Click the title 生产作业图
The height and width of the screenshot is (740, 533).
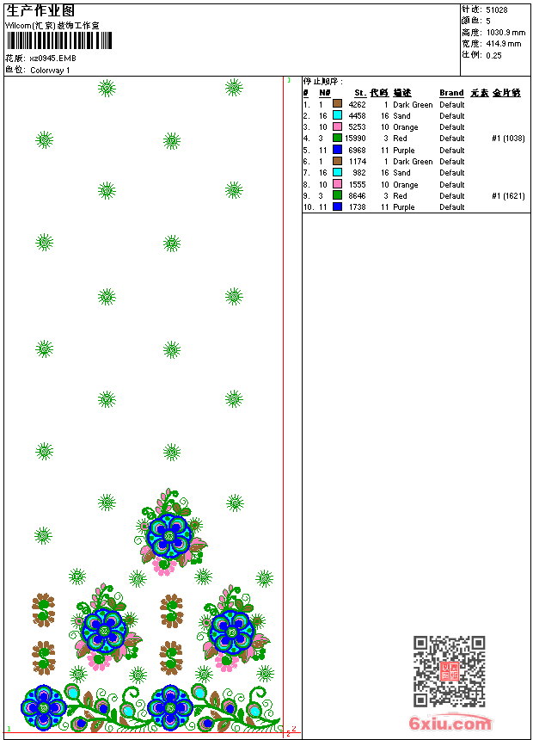click(x=41, y=10)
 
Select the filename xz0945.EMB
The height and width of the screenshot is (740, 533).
click(x=53, y=59)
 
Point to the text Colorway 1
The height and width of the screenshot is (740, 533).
click(x=51, y=71)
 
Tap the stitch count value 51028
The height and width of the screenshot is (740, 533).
click(x=497, y=10)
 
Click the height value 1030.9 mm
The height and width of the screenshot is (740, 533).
click(x=505, y=33)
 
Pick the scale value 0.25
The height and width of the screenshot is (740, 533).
click(x=494, y=55)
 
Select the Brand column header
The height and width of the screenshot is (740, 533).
click(x=451, y=93)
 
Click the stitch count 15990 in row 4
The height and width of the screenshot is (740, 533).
click(x=355, y=139)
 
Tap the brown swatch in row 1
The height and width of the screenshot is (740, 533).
click(x=338, y=104)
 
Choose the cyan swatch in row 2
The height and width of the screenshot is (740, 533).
click(x=338, y=115)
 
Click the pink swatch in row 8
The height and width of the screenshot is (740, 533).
click(x=338, y=184)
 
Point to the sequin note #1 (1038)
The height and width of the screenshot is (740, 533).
click(x=508, y=139)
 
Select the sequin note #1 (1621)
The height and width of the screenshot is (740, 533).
click(x=508, y=196)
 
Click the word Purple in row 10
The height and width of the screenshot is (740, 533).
click(x=404, y=207)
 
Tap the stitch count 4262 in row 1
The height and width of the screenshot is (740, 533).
click(x=358, y=105)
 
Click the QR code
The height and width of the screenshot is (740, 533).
click(x=449, y=671)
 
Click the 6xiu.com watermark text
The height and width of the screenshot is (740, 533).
click(x=450, y=724)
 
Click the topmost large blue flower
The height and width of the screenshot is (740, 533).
click(x=170, y=536)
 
